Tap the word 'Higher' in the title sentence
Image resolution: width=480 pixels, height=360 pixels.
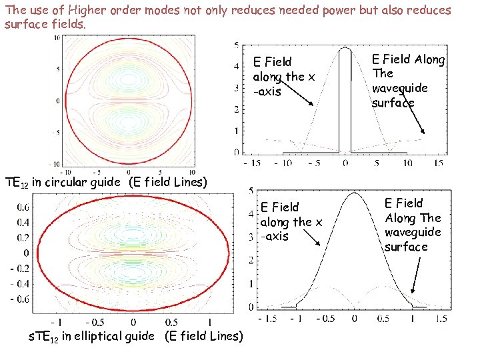(x=93, y=10)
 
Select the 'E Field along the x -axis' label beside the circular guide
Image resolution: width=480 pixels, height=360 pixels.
(x=283, y=77)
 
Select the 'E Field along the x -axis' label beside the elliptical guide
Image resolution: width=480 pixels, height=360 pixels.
(x=291, y=222)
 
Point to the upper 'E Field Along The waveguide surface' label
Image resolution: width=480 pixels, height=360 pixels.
(x=408, y=81)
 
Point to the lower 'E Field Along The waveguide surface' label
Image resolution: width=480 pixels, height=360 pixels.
(x=413, y=225)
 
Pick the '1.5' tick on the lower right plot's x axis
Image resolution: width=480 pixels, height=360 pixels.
(x=440, y=319)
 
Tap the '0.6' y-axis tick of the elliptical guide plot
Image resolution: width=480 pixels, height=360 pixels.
(x=23, y=206)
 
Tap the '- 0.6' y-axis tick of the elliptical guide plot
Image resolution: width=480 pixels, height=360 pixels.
(x=21, y=300)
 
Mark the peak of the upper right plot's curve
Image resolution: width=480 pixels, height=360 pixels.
(x=345, y=48)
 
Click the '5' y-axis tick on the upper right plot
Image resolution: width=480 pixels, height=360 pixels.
(x=236, y=45)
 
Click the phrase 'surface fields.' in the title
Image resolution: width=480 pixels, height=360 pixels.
(x=45, y=24)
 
